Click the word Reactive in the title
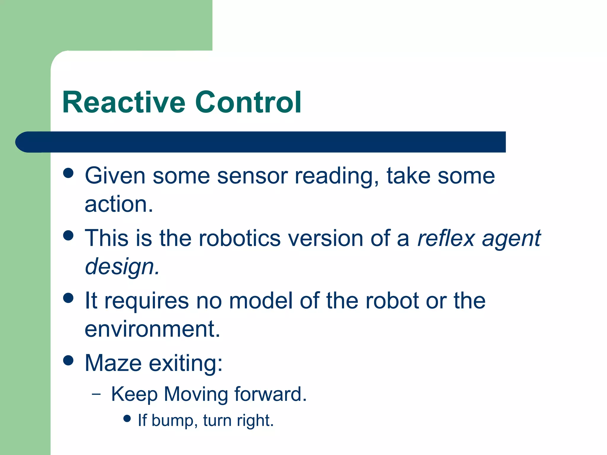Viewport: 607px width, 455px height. pyautogui.click(x=124, y=102)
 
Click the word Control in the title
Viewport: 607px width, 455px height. pyautogui.click(x=248, y=102)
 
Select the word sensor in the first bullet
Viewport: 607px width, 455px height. pyautogui.click(x=252, y=176)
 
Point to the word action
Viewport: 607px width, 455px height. pyautogui.click(x=119, y=204)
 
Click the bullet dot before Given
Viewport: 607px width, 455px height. pyautogui.click(x=68, y=173)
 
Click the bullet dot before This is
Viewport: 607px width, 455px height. pyautogui.click(x=68, y=235)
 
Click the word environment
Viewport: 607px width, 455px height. pyautogui.click(x=152, y=329)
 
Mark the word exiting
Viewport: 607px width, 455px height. pyautogui.click(x=186, y=363)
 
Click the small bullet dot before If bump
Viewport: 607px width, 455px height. pyautogui.click(x=127, y=418)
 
